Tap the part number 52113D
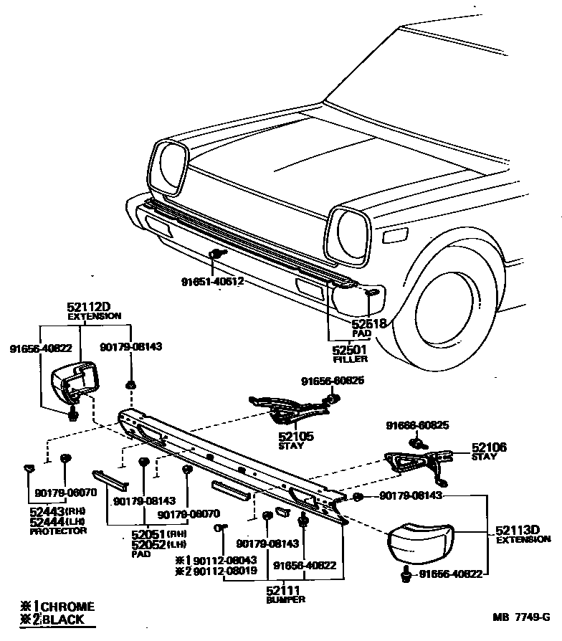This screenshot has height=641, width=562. tap(517, 531)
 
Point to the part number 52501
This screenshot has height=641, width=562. tap(348, 350)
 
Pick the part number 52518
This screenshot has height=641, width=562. tap(369, 324)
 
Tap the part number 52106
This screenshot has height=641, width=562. tap(489, 447)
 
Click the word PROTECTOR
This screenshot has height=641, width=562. tap(59, 531)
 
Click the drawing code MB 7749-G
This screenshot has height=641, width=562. tap(521, 617)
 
